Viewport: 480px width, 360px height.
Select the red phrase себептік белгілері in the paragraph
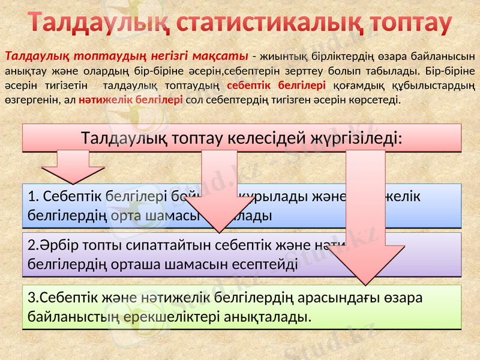(277, 85)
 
